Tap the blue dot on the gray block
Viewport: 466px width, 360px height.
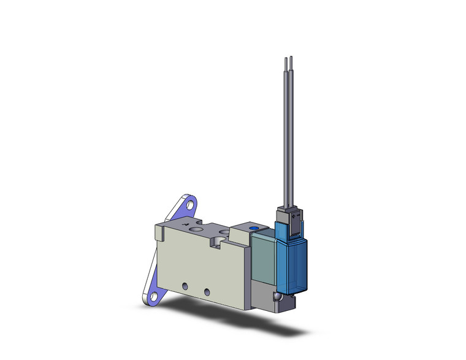255,229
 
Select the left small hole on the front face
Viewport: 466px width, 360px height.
185,286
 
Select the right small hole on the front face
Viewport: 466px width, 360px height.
207,290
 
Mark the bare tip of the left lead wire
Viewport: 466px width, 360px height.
286,59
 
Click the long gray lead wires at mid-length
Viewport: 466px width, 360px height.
288,135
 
